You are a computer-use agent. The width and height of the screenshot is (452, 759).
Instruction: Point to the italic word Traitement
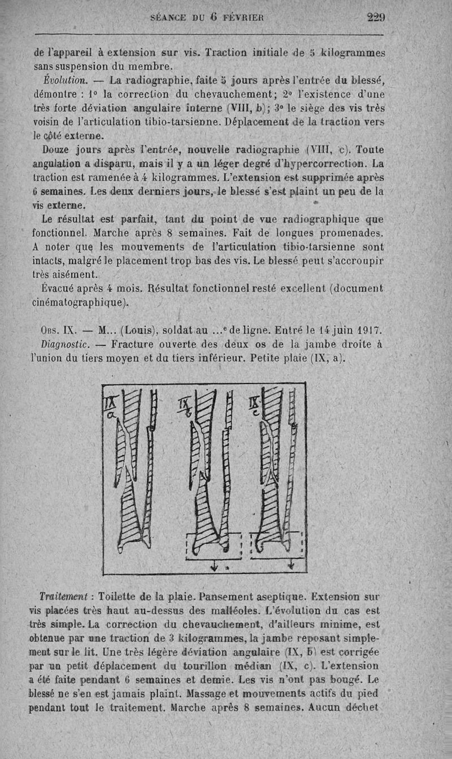pos(63,597)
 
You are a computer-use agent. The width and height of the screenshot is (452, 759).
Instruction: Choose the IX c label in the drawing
pos(255,405)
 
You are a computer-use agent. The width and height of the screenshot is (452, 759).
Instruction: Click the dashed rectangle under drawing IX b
pos(215,545)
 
